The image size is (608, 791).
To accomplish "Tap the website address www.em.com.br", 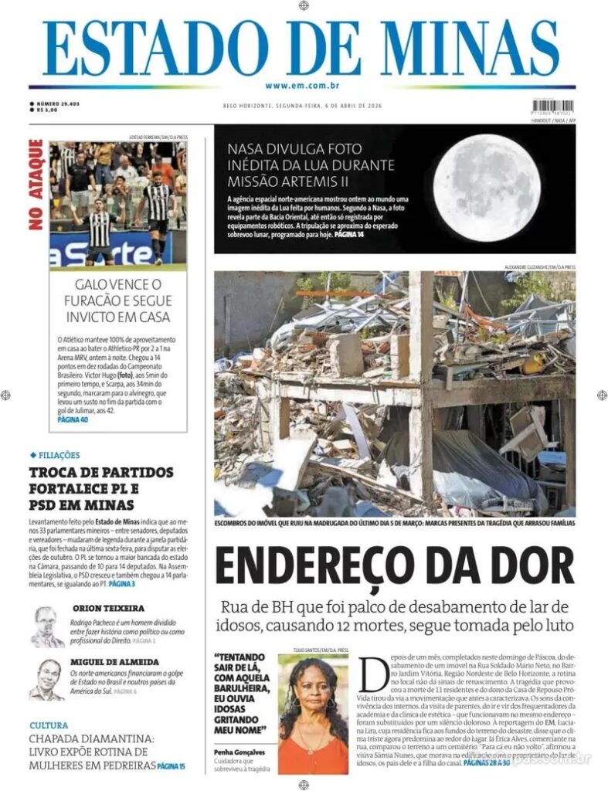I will (x=303, y=86).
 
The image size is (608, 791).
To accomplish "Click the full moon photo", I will (x=486, y=188).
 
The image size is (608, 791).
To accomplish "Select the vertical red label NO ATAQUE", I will (x=36, y=185).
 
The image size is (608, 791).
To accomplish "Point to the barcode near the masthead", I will (x=553, y=105).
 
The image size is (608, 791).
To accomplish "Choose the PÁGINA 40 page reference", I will (x=73, y=419).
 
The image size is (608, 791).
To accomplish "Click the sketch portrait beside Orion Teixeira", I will (x=47, y=626).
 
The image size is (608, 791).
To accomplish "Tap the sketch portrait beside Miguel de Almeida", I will (x=47, y=680).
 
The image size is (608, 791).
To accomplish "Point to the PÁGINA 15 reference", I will (x=171, y=766).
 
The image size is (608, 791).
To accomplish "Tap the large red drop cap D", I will (x=372, y=674).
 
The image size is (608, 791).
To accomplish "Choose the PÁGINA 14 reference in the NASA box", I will (x=349, y=234).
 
